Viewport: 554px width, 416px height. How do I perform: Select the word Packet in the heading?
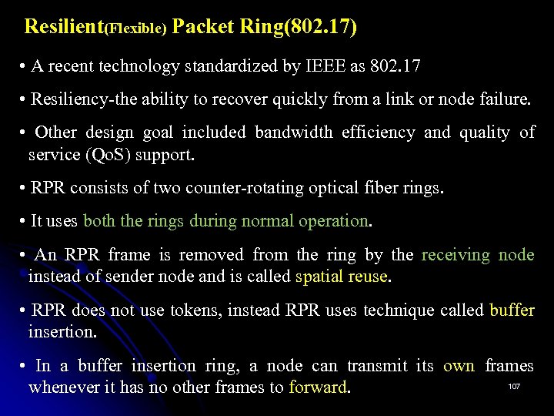[x=202, y=27]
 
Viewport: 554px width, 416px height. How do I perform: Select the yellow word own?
[x=459, y=365]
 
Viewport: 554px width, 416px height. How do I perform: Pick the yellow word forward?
[x=318, y=387]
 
